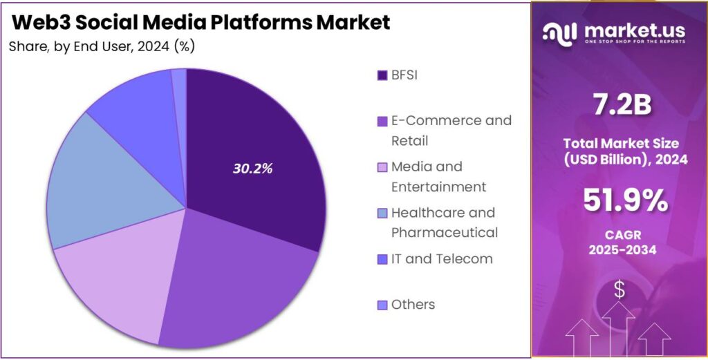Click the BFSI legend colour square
pyautogui.click(x=382, y=75)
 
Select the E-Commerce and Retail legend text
pyautogui.click(x=451, y=130)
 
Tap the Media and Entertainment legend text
pyautogui.click(x=438, y=176)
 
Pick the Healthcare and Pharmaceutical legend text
pyautogui.click(x=444, y=222)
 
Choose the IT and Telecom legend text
pyautogui.click(x=442, y=259)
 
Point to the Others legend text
pyautogui.click(x=413, y=304)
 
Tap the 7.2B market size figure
pyautogui.click(x=619, y=105)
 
